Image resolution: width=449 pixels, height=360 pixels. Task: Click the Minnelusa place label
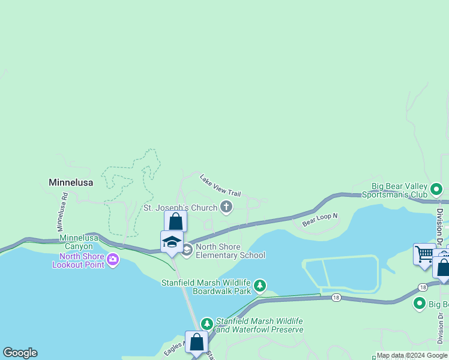(71, 182)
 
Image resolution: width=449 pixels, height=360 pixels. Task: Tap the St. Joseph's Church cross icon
(226, 208)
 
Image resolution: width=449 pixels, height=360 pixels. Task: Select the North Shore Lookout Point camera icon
(112, 260)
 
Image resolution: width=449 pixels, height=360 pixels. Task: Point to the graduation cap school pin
(172, 242)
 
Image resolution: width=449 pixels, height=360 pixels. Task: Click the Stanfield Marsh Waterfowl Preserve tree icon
(207, 323)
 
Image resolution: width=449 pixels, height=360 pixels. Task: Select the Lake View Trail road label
(220, 185)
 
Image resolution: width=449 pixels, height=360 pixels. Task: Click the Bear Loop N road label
(320, 220)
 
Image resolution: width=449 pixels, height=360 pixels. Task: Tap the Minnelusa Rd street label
(63, 212)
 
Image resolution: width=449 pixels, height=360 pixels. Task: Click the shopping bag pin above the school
(175, 221)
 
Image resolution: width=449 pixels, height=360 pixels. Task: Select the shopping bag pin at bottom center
(196, 343)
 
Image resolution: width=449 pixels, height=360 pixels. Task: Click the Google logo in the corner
(20, 353)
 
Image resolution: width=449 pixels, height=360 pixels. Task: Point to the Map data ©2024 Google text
(412, 356)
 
